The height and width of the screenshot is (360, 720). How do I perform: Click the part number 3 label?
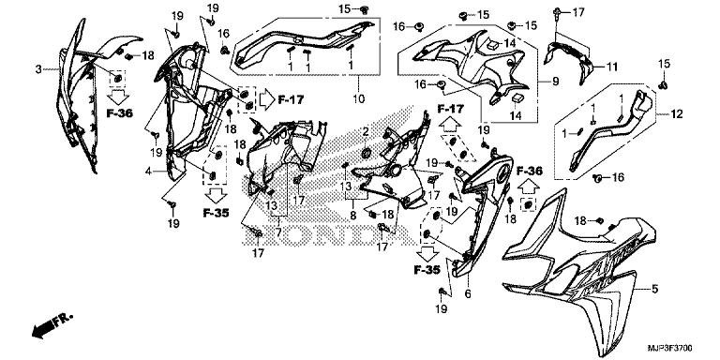(x=38, y=69)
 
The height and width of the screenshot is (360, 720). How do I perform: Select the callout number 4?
(x=148, y=172)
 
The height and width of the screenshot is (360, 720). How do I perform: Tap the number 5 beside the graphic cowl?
(x=654, y=290)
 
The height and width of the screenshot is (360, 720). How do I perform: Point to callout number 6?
(x=468, y=293)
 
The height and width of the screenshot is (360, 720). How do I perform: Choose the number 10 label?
(x=359, y=98)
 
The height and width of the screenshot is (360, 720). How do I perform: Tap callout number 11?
(x=612, y=67)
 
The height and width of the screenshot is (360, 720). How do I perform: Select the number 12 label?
(x=677, y=113)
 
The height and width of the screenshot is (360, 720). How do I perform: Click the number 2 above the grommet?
(x=366, y=132)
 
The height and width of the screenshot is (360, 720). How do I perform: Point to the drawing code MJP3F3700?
(x=670, y=348)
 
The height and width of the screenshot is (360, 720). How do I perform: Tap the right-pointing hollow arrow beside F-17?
(x=267, y=99)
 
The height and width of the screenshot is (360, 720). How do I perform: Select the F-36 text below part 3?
(x=119, y=112)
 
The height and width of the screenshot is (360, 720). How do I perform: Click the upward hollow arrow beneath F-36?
(x=529, y=187)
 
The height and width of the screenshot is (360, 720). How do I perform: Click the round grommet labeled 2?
(x=367, y=153)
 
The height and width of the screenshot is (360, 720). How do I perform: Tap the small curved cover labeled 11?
(x=570, y=60)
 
